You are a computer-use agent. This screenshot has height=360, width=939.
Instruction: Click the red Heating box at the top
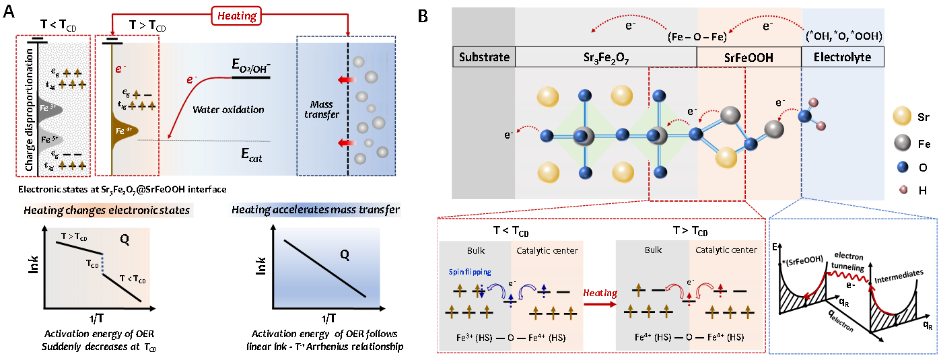[x=237, y=16]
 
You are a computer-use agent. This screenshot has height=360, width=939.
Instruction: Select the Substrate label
[x=484, y=57]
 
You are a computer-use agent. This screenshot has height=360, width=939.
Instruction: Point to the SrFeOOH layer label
[x=749, y=57]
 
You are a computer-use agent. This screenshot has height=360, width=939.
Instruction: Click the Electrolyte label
[x=842, y=57]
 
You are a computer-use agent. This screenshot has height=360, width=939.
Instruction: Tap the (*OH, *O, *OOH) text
[x=844, y=35]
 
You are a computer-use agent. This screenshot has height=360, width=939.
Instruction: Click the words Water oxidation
[x=228, y=109]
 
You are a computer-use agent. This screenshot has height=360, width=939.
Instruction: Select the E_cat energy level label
[x=251, y=156]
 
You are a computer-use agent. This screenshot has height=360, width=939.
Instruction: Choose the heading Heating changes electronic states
[x=106, y=211]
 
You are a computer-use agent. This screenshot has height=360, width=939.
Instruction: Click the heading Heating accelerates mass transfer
[x=316, y=211]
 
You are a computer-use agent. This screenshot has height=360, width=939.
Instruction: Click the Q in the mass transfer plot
[x=344, y=255]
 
